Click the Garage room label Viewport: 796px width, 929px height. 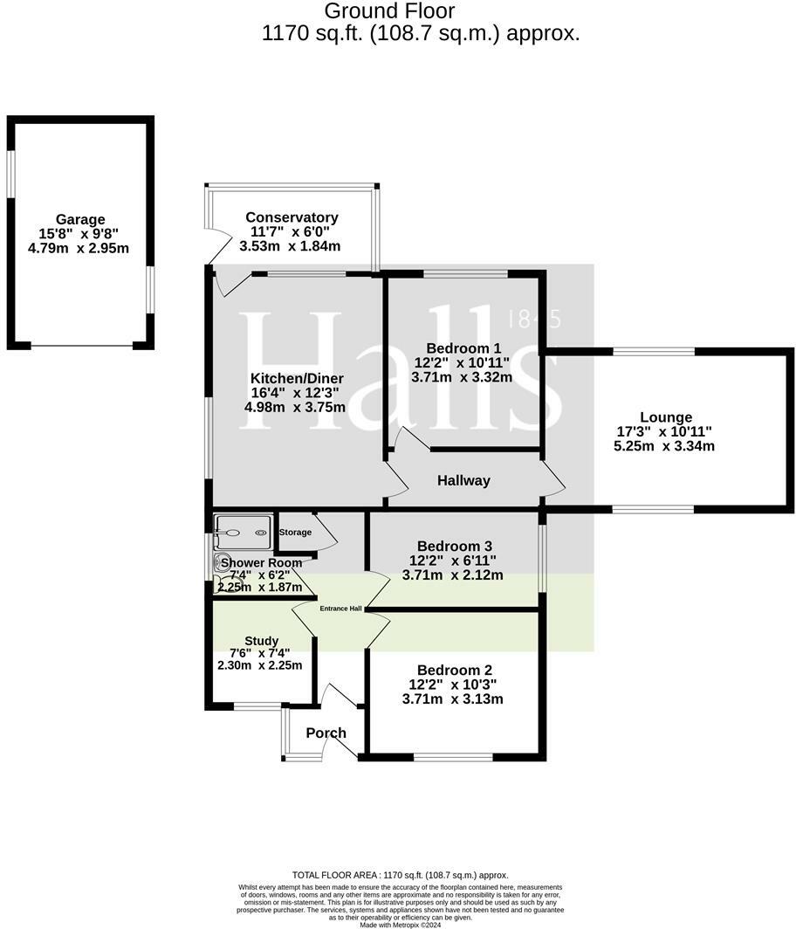pos(80,220)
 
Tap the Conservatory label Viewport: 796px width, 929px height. pos(292,217)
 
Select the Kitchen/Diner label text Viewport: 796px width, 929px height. pos(297,378)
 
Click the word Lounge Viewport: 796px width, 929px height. pos(665,417)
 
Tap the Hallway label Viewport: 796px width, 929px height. pos(463,480)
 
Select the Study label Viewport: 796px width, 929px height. pos(261,641)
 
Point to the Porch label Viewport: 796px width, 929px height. pos(326,733)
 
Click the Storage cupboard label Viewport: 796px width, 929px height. pos(295,532)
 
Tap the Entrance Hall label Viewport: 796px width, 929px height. pos(340,609)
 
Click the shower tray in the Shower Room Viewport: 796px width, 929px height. pos(244,526)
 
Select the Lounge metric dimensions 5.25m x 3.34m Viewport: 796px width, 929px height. pos(664,446)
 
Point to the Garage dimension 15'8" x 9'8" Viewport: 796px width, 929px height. pos(80,234)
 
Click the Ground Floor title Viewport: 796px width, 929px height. pos(389,11)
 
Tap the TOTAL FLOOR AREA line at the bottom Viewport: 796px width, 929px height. pos(399,875)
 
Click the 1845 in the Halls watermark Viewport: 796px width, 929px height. pos(534,319)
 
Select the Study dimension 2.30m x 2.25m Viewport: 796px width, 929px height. pos(259,665)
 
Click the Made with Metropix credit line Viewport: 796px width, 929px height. pos(398,925)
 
